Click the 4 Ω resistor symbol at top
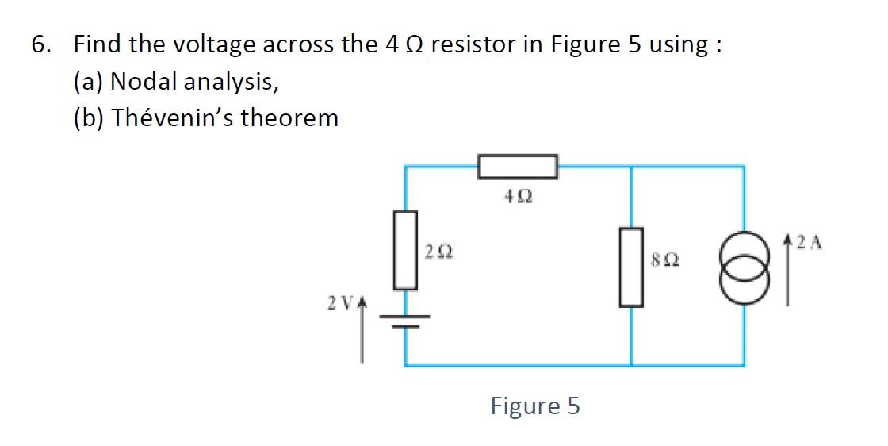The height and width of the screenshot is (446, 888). coord(519,167)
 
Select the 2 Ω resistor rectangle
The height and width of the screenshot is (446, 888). coord(406,251)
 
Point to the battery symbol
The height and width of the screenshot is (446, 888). coord(406,319)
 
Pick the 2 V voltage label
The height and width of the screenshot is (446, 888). coord(338,303)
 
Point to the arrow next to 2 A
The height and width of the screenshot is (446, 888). coord(787,270)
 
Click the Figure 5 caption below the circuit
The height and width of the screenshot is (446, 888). coord(535,406)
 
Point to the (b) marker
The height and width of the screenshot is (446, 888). coord(88,118)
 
